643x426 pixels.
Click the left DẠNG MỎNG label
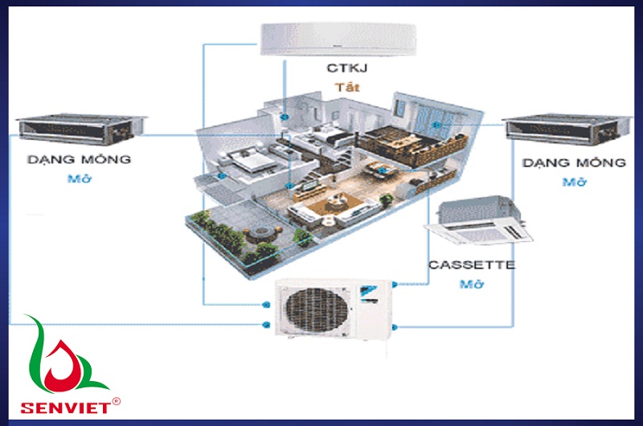(x=80, y=159)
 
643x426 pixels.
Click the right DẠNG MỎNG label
(x=574, y=163)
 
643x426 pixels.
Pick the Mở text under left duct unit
(x=80, y=178)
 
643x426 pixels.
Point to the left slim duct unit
(x=80, y=125)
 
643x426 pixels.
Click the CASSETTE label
(x=472, y=264)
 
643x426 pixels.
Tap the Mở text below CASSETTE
(x=471, y=284)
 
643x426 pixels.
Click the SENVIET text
(x=60, y=404)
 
